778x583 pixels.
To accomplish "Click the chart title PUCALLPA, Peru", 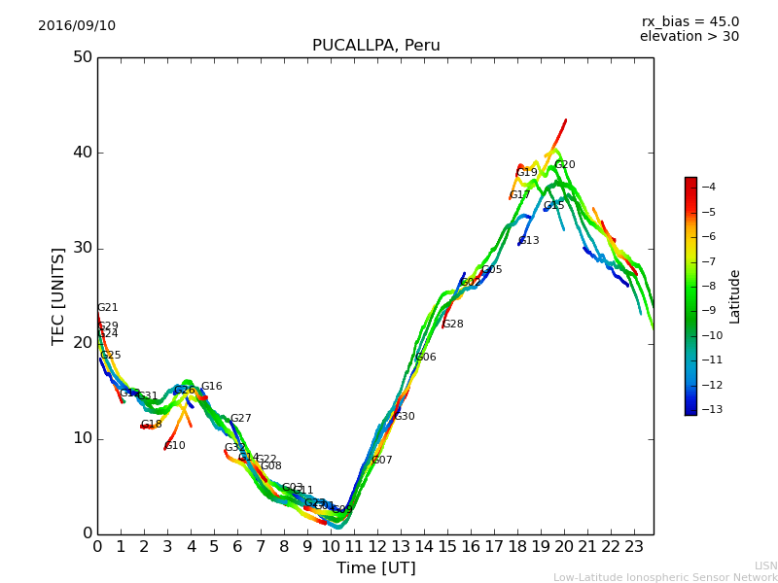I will click(375, 46).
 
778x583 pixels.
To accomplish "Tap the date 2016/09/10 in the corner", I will click(77, 25).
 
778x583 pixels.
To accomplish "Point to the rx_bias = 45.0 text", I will click(690, 21).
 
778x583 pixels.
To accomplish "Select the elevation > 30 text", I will click(689, 37).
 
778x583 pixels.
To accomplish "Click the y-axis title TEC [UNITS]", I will click(58, 295).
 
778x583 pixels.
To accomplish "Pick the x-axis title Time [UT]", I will click(375, 567).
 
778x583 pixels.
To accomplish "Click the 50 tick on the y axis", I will click(82, 57).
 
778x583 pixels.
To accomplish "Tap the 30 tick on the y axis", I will click(82, 248).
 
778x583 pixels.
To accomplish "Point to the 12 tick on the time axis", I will click(377, 547).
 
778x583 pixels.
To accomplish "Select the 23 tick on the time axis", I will click(634, 547).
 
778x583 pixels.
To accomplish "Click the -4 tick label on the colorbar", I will click(707, 187).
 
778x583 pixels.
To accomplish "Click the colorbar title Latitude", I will click(735, 295).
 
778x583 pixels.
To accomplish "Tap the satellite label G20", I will click(565, 165).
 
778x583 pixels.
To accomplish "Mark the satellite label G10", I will click(175, 446).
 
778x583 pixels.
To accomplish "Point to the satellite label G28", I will click(453, 325).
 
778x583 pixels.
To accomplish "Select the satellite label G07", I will click(382, 461).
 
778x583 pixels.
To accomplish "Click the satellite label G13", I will click(529, 241).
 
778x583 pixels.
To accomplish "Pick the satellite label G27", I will click(240, 419).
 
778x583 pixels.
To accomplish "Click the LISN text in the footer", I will click(765, 566).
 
